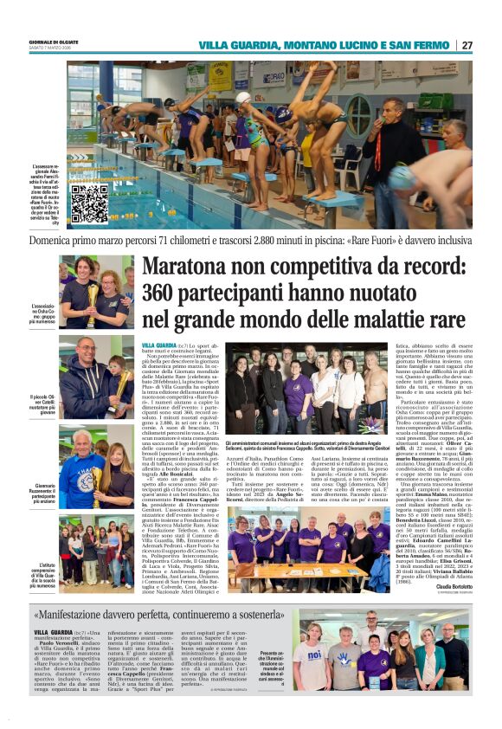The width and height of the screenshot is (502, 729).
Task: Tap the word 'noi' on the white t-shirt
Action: (315, 656)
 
